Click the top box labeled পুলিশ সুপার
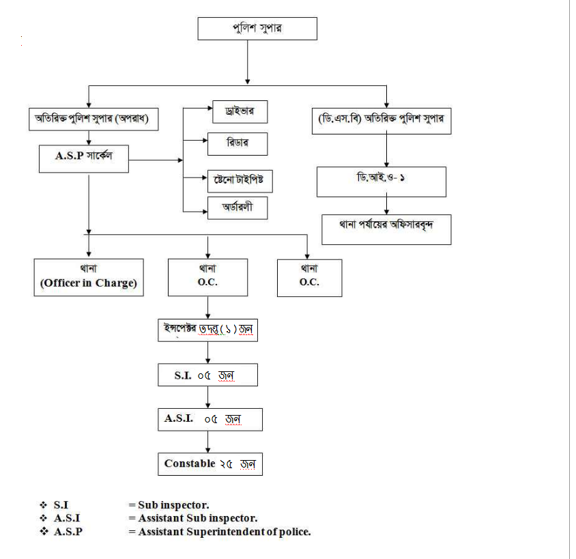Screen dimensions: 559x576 (257, 29)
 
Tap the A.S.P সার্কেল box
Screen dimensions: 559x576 (84, 156)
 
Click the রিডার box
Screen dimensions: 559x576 (237, 143)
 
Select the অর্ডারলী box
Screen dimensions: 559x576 (237, 207)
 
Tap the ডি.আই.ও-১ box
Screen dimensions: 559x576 (381, 181)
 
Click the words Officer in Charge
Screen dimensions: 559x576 (89, 283)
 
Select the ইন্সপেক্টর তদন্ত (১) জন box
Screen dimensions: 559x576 (207, 330)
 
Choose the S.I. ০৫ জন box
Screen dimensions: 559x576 (207, 375)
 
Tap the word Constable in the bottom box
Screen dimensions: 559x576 (188, 463)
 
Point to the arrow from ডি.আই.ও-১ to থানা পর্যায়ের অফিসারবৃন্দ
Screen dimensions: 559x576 (386, 205)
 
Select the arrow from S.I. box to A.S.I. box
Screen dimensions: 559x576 (207, 397)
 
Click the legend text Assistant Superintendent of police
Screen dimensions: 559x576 (225, 531)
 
